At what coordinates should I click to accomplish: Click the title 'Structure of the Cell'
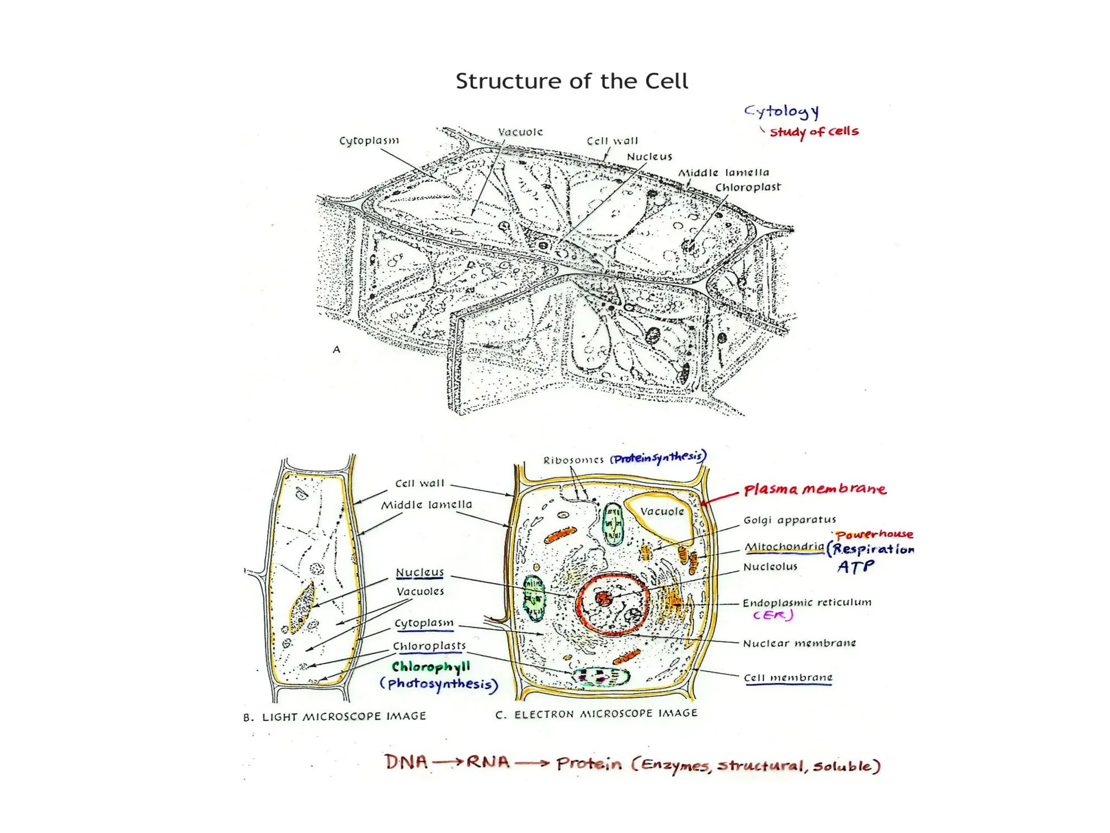point(571,81)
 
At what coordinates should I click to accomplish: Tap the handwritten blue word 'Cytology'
point(781,112)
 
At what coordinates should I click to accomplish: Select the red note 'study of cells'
point(814,132)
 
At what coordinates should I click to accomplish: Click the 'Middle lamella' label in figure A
point(724,172)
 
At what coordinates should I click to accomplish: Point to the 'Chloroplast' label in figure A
point(748,187)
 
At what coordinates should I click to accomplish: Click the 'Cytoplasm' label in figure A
point(369,140)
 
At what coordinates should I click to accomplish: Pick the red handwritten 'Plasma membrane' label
point(815,489)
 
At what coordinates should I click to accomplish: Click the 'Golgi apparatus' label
point(790,520)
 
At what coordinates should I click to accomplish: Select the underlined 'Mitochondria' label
point(784,547)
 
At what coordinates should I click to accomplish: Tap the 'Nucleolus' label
point(770,567)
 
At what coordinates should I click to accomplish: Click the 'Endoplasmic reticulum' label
point(806,603)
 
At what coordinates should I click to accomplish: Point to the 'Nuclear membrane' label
point(799,643)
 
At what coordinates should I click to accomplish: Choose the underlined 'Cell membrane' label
point(788,677)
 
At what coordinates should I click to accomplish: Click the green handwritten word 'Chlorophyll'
point(431,667)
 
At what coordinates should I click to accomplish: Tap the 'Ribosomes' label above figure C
point(573,460)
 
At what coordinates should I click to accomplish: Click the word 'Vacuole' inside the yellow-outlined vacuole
point(661,511)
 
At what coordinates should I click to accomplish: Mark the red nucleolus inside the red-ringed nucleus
point(604,598)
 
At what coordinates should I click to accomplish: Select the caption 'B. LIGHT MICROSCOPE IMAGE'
point(334,716)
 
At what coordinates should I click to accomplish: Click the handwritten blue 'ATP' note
point(855,567)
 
